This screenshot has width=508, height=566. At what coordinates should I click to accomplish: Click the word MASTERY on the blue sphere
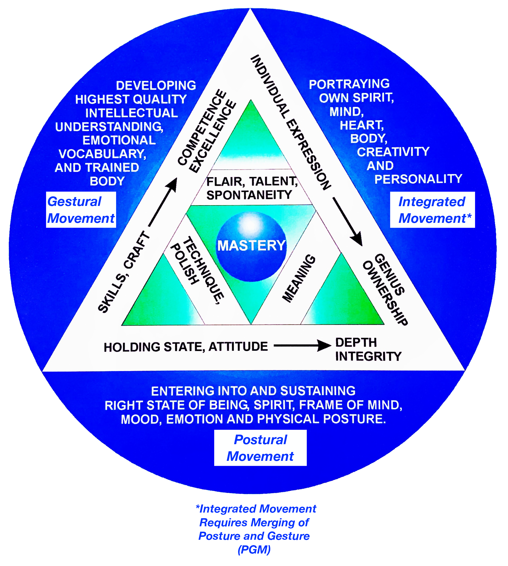[251, 246]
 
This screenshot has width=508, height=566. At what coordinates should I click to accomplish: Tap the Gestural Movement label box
[81, 210]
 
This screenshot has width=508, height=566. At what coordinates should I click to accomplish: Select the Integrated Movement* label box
[432, 210]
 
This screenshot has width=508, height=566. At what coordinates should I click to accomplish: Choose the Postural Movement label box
[260, 448]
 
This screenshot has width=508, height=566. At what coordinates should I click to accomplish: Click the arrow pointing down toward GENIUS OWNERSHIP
[347, 222]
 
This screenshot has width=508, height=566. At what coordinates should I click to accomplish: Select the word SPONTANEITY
[249, 195]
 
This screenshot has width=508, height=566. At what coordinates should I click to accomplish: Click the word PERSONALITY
[418, 179]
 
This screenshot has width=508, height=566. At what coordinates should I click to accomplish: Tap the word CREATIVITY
[393, 152]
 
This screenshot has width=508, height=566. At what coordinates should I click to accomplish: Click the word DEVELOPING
[156, 86]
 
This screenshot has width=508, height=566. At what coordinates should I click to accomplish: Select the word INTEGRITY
[368, 356]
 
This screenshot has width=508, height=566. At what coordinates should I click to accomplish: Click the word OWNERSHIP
[385, 293]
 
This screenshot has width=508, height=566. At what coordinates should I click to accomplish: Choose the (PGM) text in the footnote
[254, 550]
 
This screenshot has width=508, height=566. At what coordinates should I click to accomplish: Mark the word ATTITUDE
[238, 347]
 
